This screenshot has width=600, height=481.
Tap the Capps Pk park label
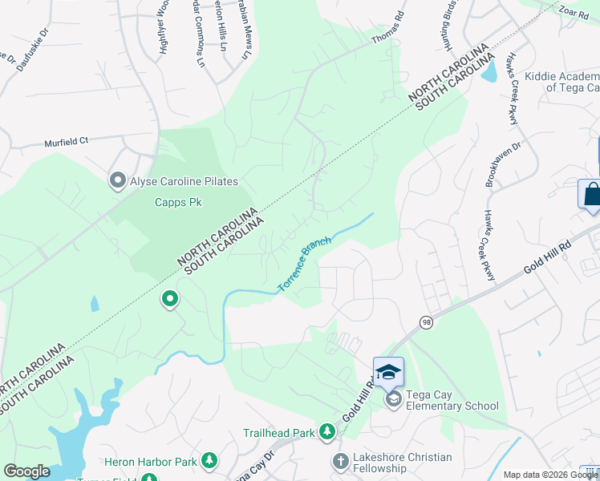click(177, 202)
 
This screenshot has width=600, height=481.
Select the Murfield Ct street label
click(66, 141)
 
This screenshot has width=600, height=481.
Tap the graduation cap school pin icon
click(388, 372)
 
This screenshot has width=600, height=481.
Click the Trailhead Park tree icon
click(326, 432)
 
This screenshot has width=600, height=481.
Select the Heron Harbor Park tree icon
click(209, 460)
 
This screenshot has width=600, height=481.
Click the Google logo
click(26, 471)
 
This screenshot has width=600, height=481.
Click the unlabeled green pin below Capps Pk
click(170, 300)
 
